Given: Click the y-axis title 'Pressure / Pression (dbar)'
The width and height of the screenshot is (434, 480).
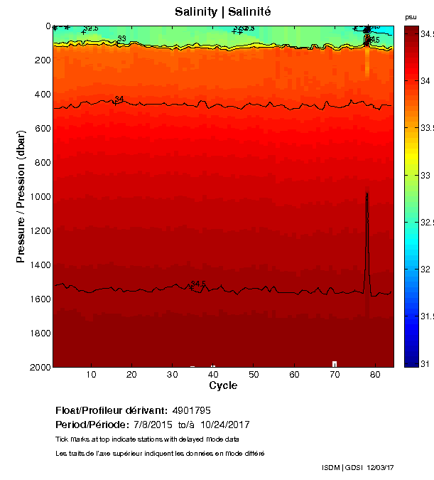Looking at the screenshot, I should tap(21, 196).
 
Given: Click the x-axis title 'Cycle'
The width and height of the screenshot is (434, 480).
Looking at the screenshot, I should tap(223, 385).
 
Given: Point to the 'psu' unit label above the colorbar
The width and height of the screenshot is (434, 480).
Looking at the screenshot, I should tap(411, 16).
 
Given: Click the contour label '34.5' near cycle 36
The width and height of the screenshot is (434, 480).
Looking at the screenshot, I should tap(197, 284).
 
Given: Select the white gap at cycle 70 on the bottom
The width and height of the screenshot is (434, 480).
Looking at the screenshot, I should tap(335, 364).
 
